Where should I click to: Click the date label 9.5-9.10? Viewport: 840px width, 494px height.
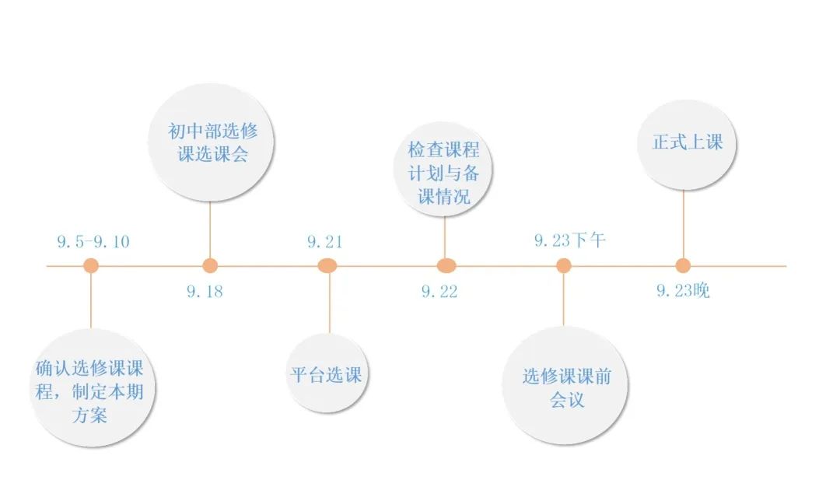93,241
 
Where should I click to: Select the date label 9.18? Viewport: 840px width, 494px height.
205,292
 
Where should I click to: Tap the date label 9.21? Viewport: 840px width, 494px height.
324,241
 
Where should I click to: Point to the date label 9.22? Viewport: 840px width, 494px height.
439,292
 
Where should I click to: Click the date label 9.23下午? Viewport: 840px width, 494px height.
569,240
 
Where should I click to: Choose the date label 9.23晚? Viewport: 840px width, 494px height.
683,292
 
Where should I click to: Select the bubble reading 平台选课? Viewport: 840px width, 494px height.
326,373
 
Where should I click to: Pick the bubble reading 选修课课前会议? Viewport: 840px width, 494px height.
566,387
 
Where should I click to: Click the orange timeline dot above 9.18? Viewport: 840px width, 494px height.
210,266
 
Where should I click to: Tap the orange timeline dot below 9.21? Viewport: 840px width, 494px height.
327,266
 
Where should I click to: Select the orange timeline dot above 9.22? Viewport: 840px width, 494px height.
446,266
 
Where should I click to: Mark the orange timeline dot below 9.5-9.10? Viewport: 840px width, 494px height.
91,266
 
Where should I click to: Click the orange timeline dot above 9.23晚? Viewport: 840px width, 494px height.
683,266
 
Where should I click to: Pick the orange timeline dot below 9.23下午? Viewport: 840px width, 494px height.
564,266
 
